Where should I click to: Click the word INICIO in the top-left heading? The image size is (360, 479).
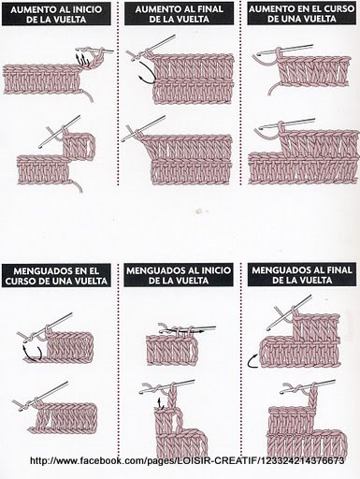pos(88,9)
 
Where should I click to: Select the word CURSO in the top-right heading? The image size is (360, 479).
pos(338,9)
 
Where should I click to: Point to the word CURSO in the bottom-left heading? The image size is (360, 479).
pos(21,282)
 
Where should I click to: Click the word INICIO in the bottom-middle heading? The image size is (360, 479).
pos(216,270)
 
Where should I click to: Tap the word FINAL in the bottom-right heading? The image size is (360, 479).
pos(338,269)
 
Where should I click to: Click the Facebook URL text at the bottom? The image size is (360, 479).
pos(187,460)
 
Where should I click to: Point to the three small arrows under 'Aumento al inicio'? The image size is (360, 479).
pos(81,60)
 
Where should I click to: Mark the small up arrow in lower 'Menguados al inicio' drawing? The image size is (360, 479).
pos(160,403)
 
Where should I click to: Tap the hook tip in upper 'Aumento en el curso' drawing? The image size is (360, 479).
pos(258,55)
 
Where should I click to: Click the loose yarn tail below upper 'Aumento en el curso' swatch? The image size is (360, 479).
pos(273,89)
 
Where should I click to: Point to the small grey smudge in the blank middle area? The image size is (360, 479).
pos(199,211)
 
